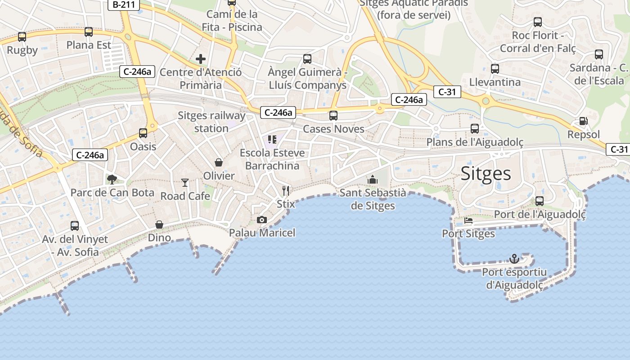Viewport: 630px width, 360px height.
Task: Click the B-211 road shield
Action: [124, 5]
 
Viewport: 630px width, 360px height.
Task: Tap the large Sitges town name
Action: [486, 174]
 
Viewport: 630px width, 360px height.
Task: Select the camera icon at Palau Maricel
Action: [261, 220]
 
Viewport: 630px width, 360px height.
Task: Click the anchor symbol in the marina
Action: [514, 259]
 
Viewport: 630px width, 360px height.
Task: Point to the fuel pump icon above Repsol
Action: [583, 121]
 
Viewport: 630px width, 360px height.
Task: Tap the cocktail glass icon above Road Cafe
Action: [185, 182]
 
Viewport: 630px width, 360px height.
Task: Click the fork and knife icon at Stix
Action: [285, 190]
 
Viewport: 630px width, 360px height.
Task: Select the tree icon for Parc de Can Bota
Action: [112, 180]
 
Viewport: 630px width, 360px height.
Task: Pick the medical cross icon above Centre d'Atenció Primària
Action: [201, 59]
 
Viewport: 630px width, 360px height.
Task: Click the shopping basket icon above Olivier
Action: [219, 162]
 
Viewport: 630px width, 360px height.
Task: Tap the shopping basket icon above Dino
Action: [159, 224]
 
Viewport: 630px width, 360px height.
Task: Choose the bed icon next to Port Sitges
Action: [468, 220]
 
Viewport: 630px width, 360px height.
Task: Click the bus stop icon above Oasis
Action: [143, 133]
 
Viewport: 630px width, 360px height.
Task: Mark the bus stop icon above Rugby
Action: [22, 37]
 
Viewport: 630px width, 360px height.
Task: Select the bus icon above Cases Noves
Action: [333, 116]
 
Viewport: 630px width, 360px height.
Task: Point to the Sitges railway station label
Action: [211, 122]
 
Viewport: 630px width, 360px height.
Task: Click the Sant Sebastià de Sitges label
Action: [373, 199]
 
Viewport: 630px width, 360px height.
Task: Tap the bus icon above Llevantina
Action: [495, 69]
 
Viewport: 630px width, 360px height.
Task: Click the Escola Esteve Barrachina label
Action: [272, 159]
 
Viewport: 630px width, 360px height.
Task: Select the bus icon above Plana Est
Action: [89, 32]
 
